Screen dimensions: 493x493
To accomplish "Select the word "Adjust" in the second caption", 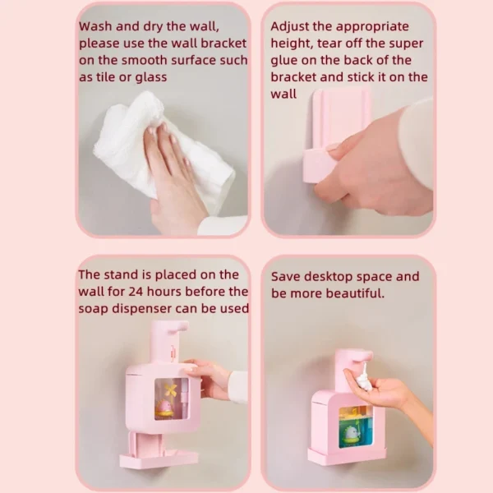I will [x=292, y=26].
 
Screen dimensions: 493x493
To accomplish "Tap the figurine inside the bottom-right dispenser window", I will [x=352, y=431].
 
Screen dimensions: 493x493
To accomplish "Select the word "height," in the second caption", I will [x=293, y=44].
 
